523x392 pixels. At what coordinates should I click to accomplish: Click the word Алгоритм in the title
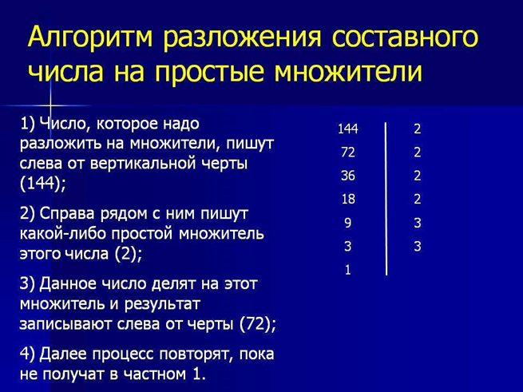tap(89, 38)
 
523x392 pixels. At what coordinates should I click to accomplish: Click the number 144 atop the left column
tap(347, 129)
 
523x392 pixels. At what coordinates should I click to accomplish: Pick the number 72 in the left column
tap(347, 152)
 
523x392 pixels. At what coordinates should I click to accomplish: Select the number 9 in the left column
tap(347, 223)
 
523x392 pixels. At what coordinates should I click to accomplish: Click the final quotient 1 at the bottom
tap(347, 269)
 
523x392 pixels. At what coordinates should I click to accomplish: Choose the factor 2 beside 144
tap(417, 129)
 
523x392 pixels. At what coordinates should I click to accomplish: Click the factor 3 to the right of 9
tap(417, 223)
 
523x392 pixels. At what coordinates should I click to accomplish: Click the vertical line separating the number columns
tap(386, 200)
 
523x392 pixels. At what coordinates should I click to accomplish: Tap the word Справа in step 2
tap(69, 214)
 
